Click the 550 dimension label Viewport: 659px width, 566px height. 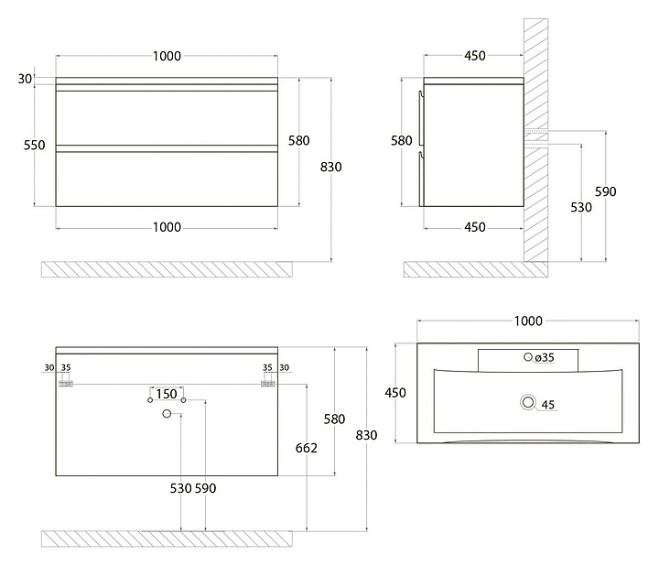point(34,145)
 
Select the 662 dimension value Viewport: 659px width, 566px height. point(307,448)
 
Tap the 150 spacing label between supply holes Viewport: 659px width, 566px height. point(167,394)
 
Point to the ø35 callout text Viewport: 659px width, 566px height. point(545,357)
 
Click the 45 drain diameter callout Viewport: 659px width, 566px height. point(548,405)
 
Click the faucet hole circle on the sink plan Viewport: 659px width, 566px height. point(528,356)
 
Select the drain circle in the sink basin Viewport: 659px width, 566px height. point(528,402)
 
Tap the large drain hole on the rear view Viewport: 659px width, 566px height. point(167,414)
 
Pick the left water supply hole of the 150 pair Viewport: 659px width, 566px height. point(150,400)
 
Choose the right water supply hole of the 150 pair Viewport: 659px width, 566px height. point(183,400)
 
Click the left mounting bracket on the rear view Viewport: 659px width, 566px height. point(66,384)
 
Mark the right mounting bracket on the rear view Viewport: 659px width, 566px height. point(267,384)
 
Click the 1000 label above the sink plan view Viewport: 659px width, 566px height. point(528,321)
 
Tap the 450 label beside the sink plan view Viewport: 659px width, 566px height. point(395,393)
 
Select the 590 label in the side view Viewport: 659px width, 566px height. point(606,191)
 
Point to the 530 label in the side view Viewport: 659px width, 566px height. point(581,207)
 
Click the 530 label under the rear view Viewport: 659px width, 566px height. point(181,488)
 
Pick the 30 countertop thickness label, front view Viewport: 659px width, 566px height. point(25,79)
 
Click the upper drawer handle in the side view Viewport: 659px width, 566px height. point(420,118)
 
